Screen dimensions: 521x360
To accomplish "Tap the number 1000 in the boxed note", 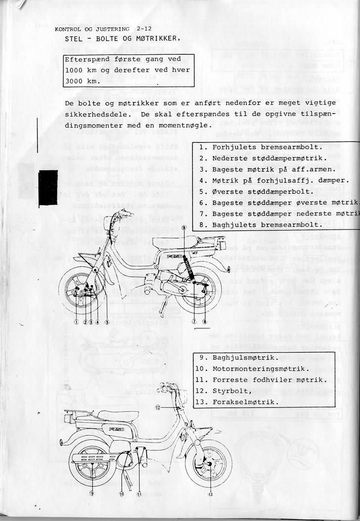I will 75,70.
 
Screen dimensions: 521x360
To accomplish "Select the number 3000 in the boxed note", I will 75,81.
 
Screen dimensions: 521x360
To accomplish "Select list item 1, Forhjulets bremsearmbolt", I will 261,147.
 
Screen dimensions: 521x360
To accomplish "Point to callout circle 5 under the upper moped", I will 107,322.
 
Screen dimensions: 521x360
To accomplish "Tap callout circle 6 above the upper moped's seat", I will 183,227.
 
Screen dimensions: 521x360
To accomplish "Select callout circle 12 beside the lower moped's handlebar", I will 157,408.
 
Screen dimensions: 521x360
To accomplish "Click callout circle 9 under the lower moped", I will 91,493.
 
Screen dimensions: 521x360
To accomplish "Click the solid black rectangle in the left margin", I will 48,187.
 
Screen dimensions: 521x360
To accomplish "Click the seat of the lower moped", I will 118,415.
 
